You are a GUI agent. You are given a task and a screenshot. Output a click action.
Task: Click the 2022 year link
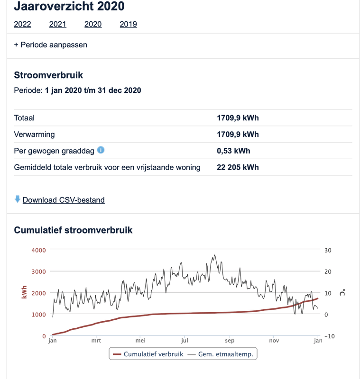[x=22, y=24]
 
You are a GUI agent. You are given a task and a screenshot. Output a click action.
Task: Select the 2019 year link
[x=128, y=24]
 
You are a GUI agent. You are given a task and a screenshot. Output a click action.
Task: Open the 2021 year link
[x=58, y=24]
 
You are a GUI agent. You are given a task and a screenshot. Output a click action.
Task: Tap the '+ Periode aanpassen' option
[x=51, y=45]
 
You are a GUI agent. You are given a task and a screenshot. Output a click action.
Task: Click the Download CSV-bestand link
[x=64, y=200]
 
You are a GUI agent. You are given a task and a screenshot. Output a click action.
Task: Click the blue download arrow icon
[x=18, y=199]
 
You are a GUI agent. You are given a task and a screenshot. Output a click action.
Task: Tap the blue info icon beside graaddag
[x=101, y=150]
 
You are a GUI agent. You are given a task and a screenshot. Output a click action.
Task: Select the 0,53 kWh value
[x=233, y=151]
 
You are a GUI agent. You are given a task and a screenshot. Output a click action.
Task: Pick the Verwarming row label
[x=34, y=135]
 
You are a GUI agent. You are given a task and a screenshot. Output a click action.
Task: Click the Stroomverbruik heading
[x=48, y=75]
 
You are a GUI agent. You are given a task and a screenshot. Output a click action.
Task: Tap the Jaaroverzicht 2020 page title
[x=69, y=7]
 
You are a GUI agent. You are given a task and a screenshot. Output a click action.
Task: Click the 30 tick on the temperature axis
[x=328, y=250]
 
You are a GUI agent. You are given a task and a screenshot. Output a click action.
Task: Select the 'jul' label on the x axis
[x=185, y=340]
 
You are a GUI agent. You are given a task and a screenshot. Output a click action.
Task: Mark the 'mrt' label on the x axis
[x=96, y=340]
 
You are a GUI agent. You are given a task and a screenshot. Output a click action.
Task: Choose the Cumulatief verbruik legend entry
[x=148, y=353]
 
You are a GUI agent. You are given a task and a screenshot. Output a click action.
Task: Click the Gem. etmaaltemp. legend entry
[x=222, y=353]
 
